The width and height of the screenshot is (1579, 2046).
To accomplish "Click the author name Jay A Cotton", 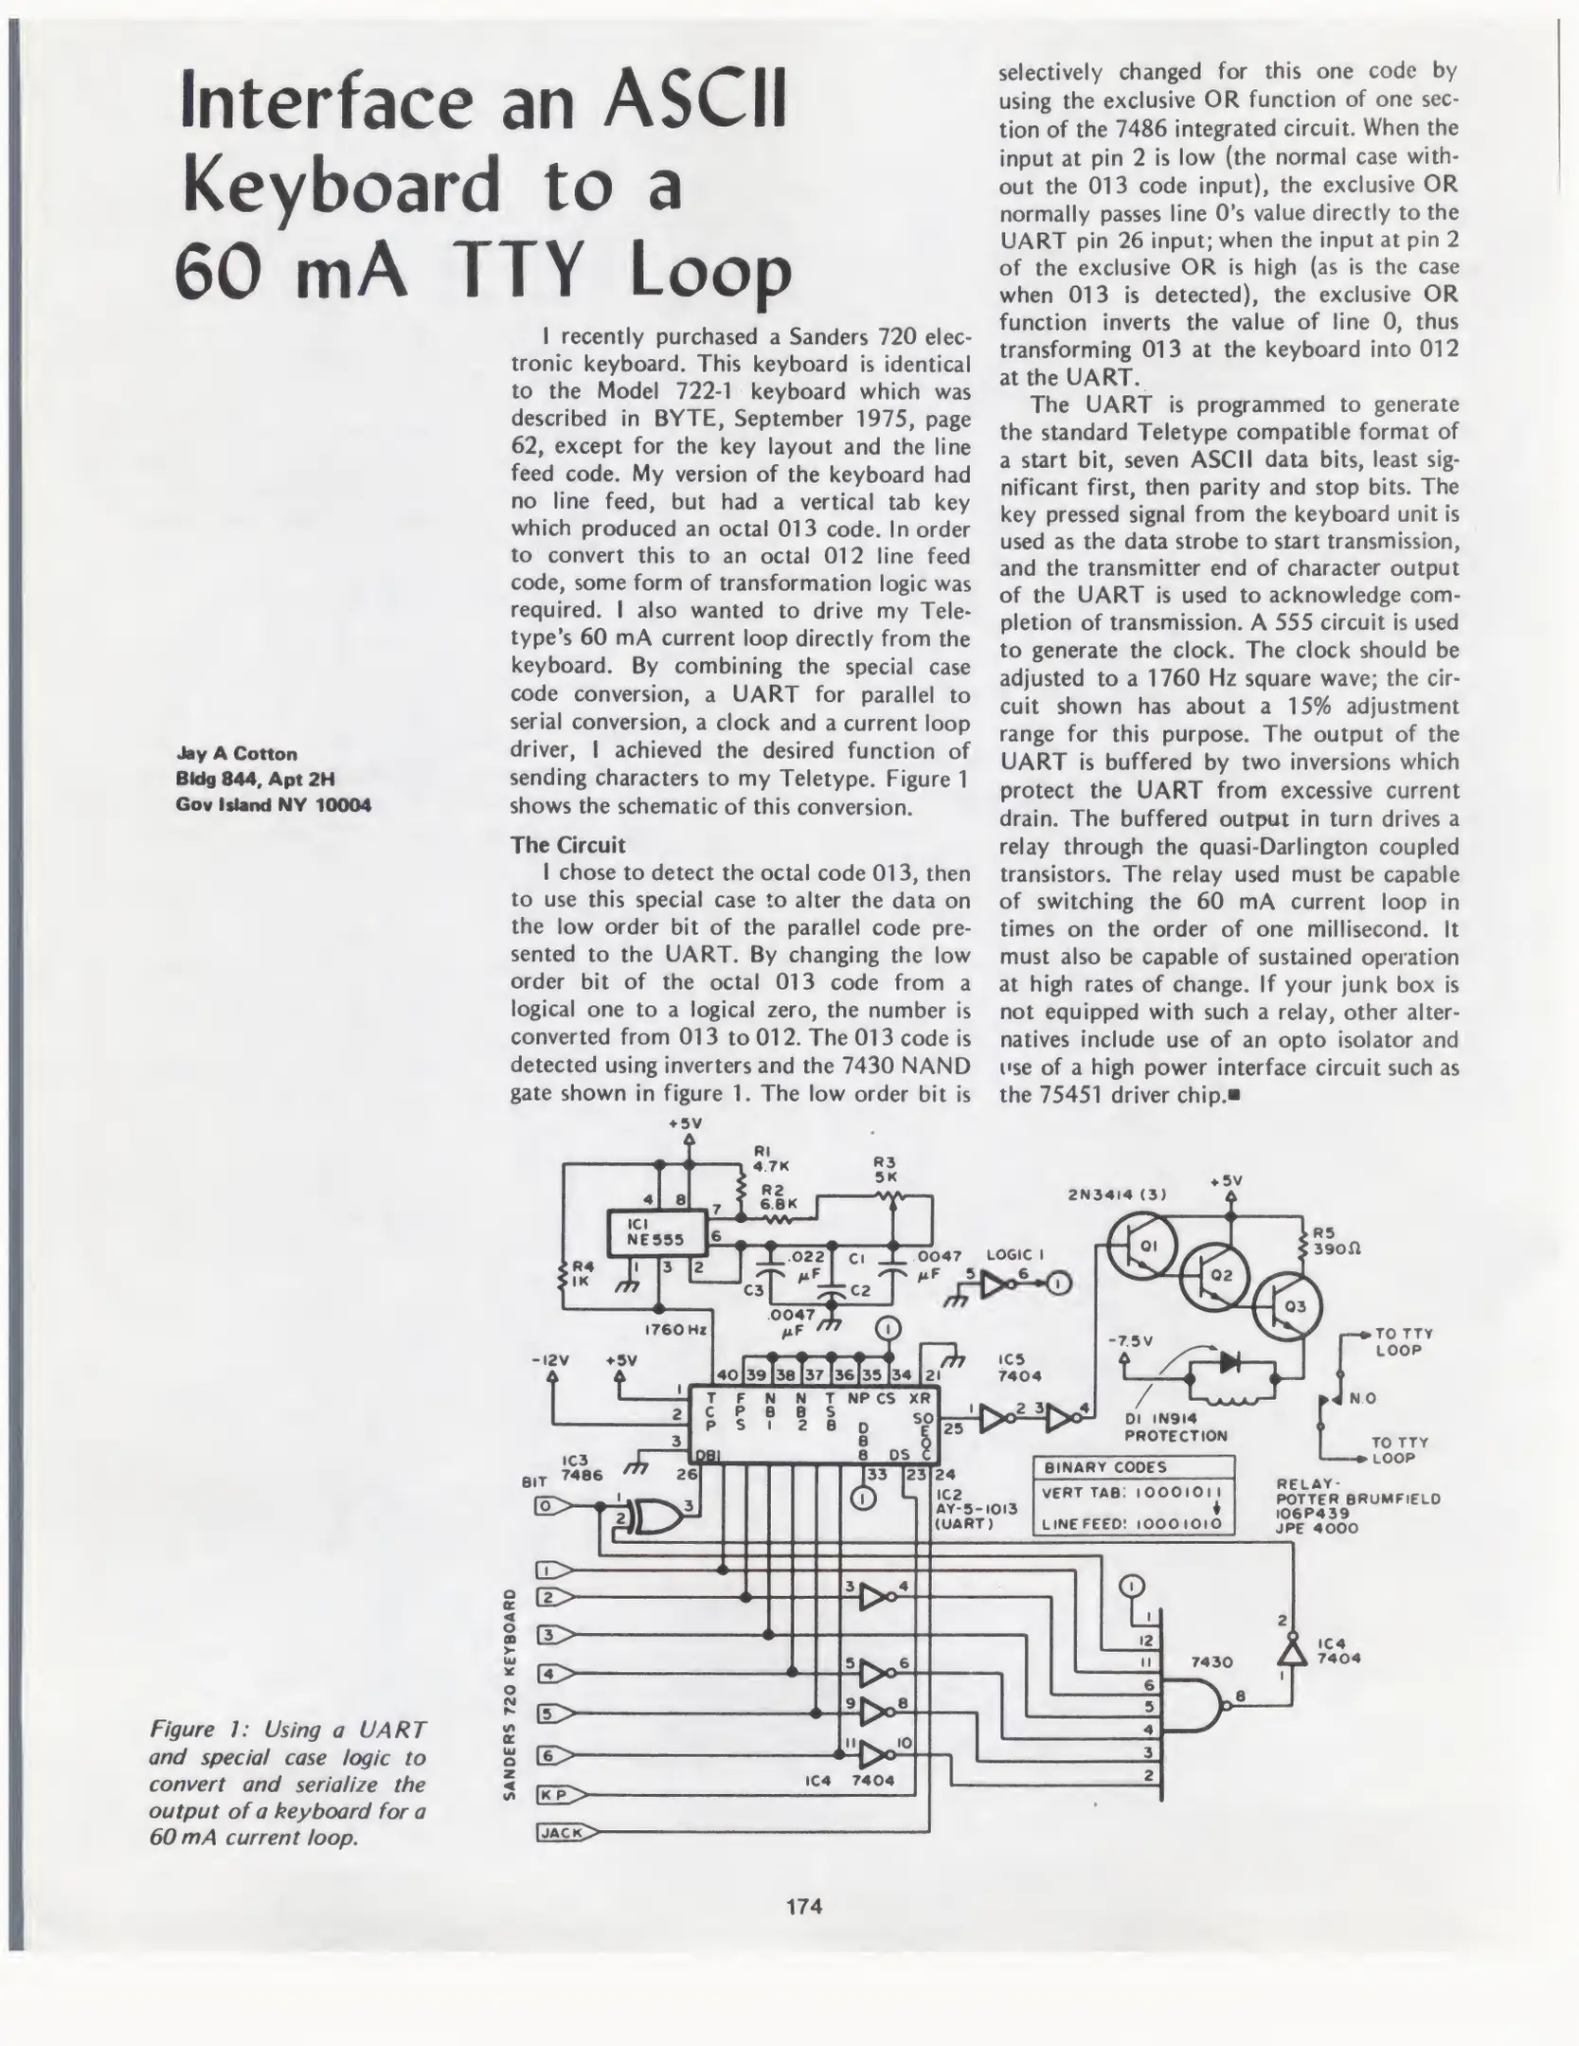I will pos(237,753).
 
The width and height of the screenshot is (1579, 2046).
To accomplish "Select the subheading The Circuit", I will pos(567,844).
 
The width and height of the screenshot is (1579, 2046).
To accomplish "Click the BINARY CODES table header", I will pos(1104,1467).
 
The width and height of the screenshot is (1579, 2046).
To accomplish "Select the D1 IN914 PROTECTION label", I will pos(1175,1427).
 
